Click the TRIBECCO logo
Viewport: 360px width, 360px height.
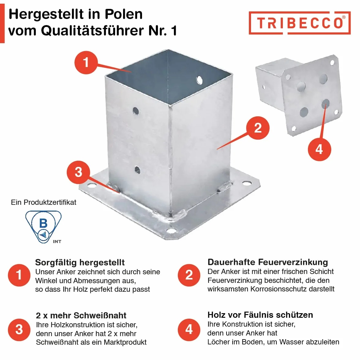pos(300,23)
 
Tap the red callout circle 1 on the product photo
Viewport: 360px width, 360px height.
pos(86,62)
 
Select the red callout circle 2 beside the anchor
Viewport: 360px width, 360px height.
pos(258,128)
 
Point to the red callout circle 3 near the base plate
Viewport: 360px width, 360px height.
pos(78,172)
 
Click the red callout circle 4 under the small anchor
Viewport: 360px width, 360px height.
pos(319,149)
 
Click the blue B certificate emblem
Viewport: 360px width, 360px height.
pos(43,227)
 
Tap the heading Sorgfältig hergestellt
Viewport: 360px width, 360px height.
pos(80,262)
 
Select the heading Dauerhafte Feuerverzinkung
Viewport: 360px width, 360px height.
pos(268,262)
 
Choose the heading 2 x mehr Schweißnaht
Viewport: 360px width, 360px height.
pos(81,315)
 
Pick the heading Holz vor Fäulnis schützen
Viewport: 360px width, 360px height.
pos(260,315)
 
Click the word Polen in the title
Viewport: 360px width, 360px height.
pos(124,14)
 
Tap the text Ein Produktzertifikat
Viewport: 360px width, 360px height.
pos(43,202)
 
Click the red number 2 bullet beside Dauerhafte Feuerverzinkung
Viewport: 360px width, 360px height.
pos(189,275)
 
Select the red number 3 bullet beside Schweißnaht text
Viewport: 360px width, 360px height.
pos(19,330)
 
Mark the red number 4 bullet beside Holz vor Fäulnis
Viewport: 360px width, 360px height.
pos(189,330)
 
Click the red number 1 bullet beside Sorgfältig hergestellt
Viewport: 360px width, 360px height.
pos(19,275)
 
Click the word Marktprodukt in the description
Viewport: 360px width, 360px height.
pos(125,342)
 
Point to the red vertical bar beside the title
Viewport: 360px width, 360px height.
pos(2,23)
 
